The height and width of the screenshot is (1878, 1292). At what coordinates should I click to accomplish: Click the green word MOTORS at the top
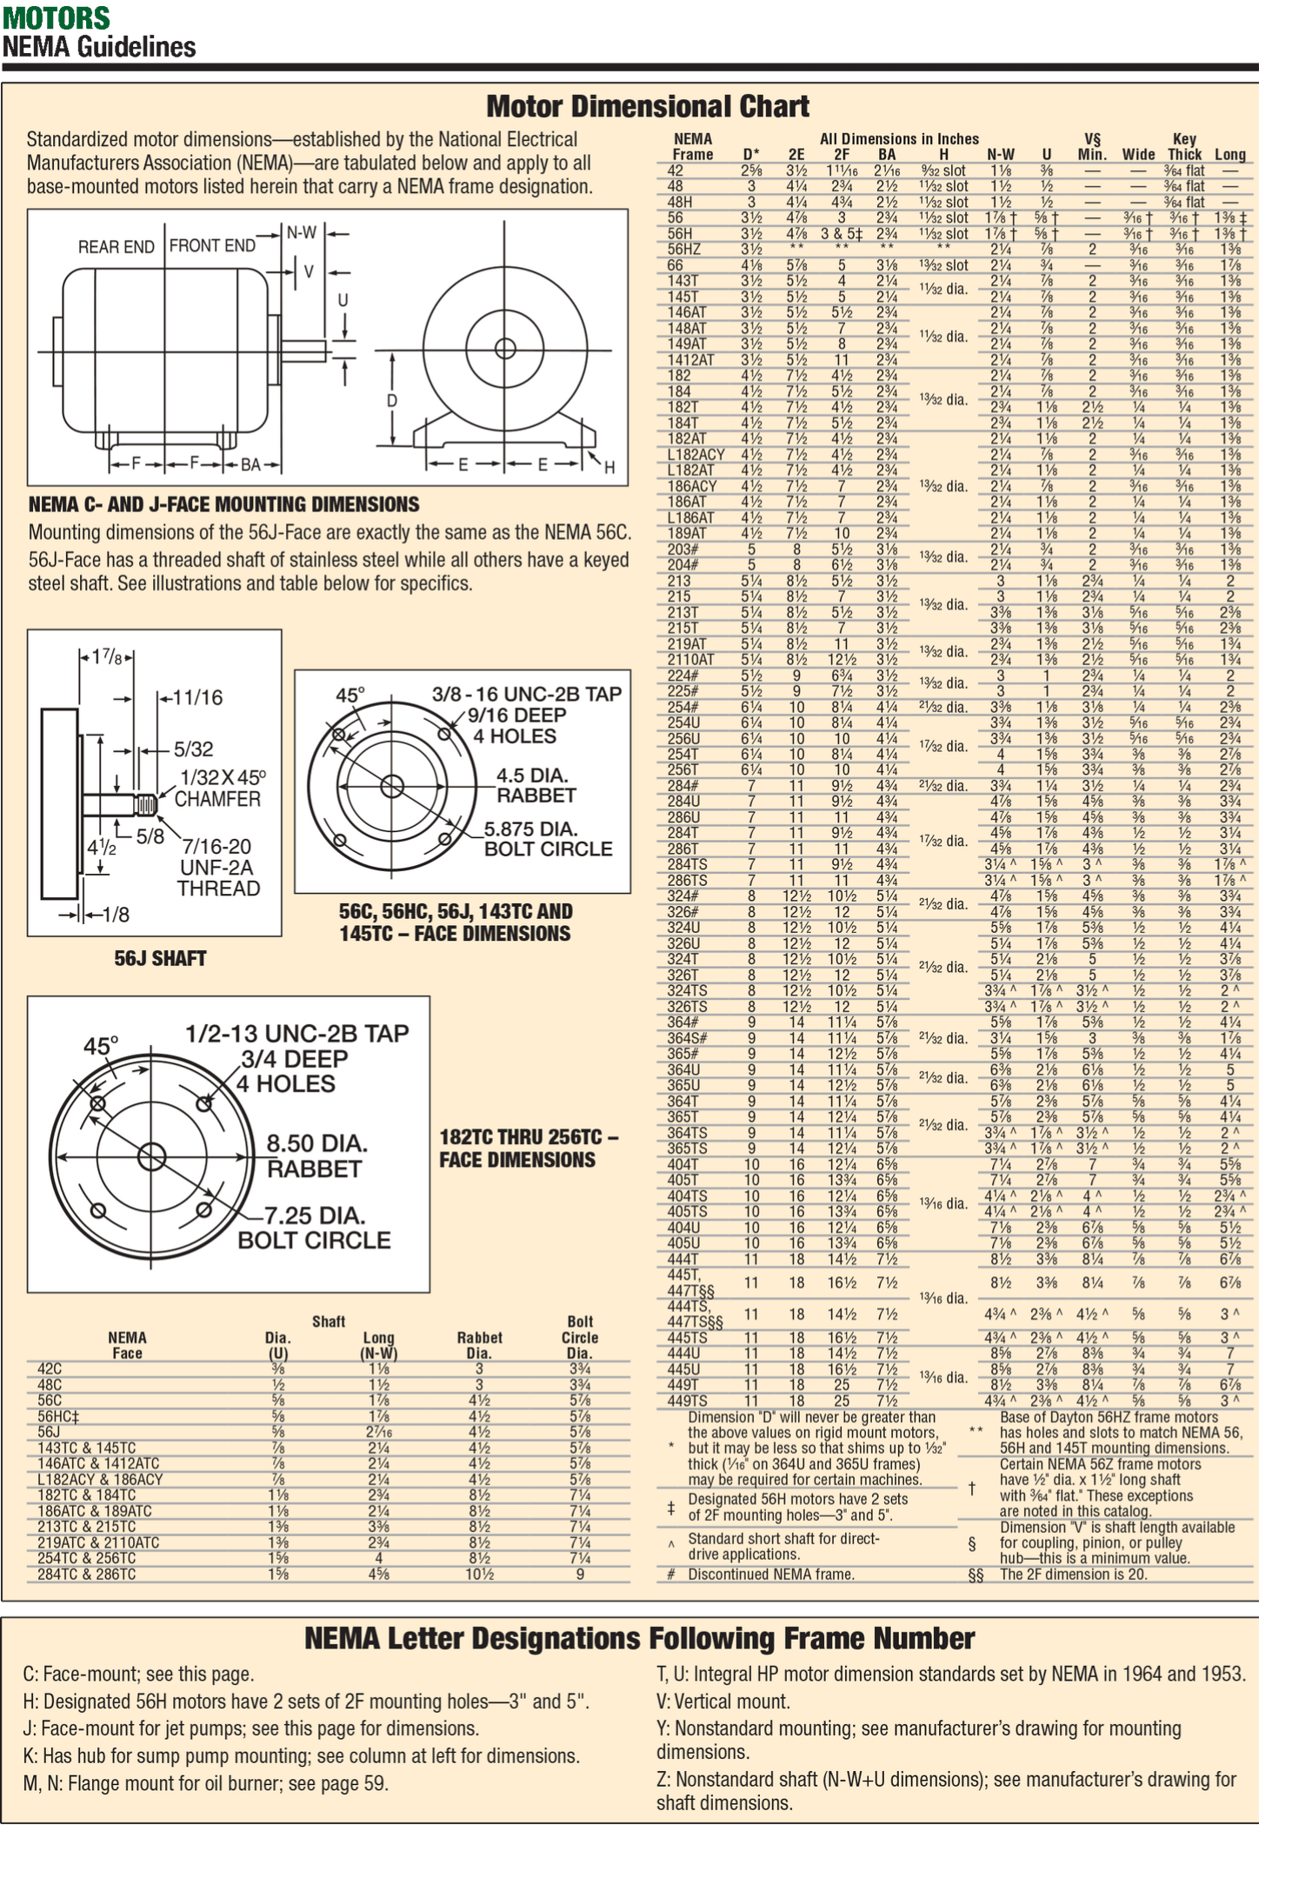point(56,17)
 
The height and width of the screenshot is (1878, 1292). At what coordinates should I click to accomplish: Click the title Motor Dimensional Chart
point(647,106)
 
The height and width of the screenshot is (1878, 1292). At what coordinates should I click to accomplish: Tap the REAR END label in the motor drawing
point(116,247)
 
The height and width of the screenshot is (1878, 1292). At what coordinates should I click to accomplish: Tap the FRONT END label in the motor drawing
point(212,246)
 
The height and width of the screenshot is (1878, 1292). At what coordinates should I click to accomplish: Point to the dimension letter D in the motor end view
point(392,401)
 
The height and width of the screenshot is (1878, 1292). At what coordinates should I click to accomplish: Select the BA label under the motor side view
point(250,465)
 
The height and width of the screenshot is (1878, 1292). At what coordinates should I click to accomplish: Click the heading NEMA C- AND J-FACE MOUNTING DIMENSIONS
point(223,504)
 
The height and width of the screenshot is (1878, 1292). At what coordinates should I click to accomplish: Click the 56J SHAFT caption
point(160,958)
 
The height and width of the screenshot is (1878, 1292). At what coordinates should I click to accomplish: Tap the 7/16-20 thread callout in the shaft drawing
point(216,847)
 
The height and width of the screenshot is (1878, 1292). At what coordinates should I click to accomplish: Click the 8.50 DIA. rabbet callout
point(316,1142)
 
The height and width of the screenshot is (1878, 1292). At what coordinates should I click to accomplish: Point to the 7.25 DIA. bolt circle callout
point(315,1215)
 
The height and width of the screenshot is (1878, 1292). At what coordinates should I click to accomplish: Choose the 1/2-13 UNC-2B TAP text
point(296,1034)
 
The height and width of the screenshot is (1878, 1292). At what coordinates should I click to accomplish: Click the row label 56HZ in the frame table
point(683,250)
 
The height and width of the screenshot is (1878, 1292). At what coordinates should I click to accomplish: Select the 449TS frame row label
point(687,1401)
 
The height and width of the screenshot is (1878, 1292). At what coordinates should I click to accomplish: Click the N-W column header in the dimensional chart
point(1001,155)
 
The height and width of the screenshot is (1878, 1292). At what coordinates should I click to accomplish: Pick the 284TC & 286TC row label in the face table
point(86,1574)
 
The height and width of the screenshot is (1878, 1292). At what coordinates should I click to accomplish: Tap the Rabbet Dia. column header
point(479,1345)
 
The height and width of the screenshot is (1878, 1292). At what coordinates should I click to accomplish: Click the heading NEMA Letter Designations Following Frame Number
point(639,1639)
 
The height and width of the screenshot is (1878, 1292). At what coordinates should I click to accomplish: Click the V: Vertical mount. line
point(723,1702)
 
